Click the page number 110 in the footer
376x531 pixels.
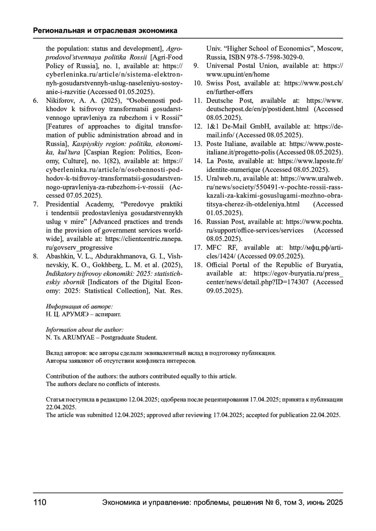tap(40, 503)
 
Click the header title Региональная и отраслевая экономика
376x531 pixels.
tap(105, 31)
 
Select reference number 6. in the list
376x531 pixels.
tap(36, 101)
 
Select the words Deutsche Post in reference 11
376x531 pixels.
tap(229, 101)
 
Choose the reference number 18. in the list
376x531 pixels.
tap(198, 265)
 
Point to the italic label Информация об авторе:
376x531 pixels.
tap(79, 306)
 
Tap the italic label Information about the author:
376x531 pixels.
tap(85, 330)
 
